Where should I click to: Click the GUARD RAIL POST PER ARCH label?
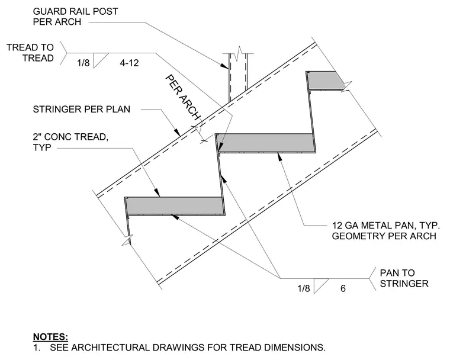point(75,17)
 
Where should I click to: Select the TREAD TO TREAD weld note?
point(30,53)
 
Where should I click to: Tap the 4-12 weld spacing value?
point(129,63)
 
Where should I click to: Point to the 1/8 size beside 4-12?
point(83,63)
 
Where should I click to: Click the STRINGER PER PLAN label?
point(82,110)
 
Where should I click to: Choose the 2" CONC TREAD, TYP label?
point(70,142)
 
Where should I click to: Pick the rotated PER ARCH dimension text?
point(182,98)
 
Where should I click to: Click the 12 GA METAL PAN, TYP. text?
point(385,226)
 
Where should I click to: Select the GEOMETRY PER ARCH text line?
point(384,236)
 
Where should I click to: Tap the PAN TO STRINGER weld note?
point(404,278)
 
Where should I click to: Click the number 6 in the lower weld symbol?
point(343,288)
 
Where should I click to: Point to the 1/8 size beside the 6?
point(304,288)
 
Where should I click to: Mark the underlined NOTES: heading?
point(50,336)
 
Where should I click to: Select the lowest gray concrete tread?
point(175,205)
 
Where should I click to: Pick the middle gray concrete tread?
point(265,142)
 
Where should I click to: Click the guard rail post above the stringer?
point(238,76)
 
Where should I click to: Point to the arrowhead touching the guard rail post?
point(224,66)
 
